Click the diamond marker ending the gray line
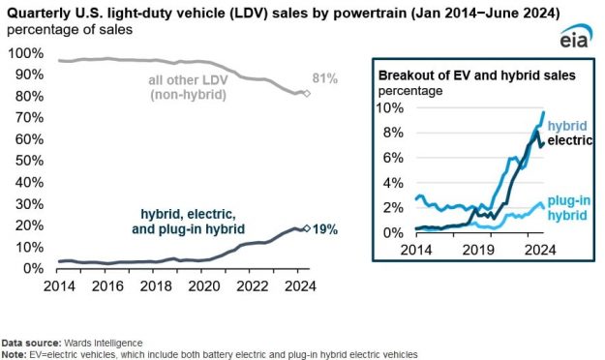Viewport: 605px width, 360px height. click(x=307, y=94)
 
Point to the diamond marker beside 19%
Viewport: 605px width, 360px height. click(x=307, y=228)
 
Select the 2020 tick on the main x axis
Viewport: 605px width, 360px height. click(x=201, y=285)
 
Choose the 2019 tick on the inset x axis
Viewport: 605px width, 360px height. click(x=483, y=249)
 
